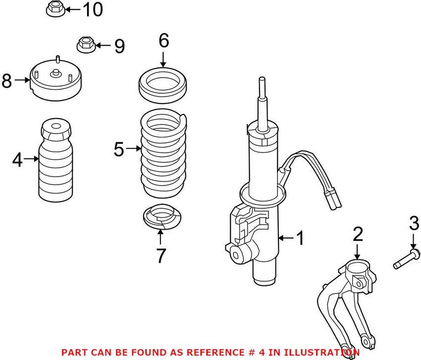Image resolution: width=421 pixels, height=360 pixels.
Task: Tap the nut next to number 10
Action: coord(54,9)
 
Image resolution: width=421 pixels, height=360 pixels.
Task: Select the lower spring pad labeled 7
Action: coord(163,218)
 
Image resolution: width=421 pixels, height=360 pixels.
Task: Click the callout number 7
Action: coord(161,256)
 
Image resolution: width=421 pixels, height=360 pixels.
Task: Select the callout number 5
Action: coord(118,149)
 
